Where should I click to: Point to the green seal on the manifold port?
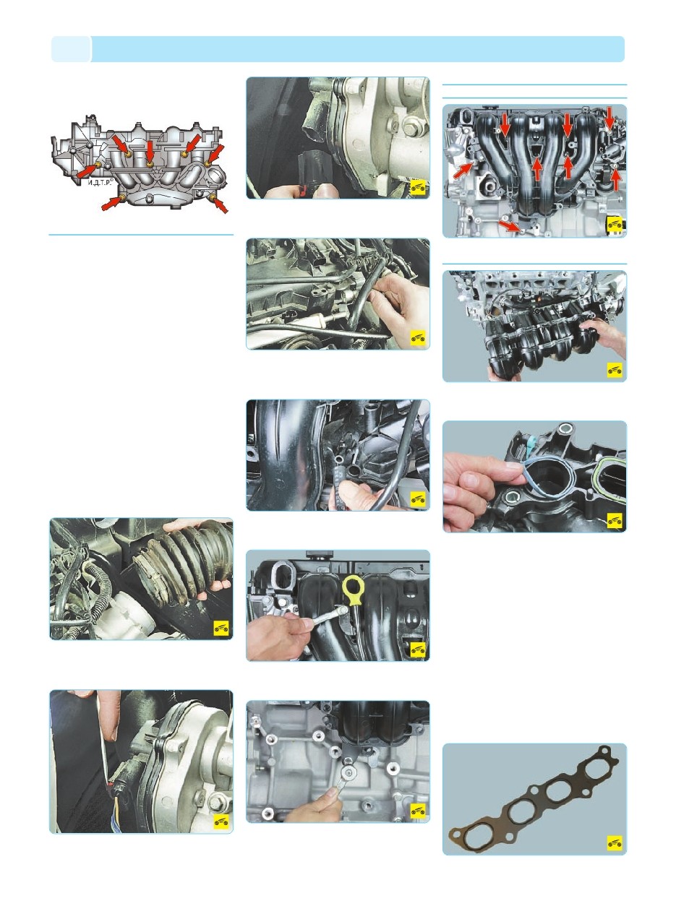click(x=608, y=479)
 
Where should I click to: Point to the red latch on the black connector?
click(x=304, y=190)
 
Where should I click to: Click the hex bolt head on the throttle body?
click(x=408, y=129)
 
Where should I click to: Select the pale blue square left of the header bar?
click(x=71, y=49)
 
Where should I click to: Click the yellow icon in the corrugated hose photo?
click(x=221, y=629)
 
